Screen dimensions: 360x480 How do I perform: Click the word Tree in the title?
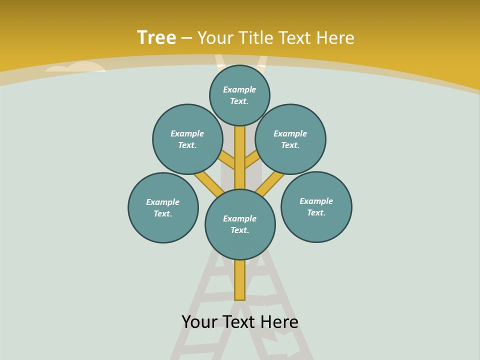coord(156,37)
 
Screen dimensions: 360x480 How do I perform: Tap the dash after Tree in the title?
coord(186,38)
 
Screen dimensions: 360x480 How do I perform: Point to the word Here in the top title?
coord(335,38)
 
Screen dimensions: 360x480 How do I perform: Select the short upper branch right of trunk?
coord(251,160)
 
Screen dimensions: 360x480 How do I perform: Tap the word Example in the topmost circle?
coord(239,89)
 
